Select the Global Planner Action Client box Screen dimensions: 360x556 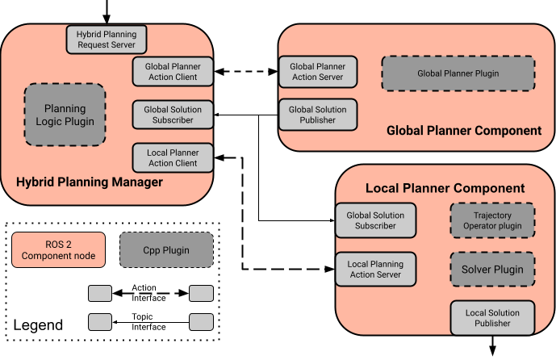tap(172, 72)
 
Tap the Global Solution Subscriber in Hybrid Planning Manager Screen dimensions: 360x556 tap(172, 115)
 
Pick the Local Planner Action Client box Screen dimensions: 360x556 tap(172, 157)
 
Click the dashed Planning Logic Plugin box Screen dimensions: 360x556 tap(65, 115)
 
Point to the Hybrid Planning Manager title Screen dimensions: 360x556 tap(90, 182)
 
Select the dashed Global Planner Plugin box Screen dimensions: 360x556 tap(458, 73)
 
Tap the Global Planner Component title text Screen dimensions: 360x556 tap(464, 130)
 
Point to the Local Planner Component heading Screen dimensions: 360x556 tap(445, 188)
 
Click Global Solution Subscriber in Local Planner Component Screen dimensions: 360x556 tap(375, 220)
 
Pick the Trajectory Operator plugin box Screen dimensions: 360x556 tap(491, 220)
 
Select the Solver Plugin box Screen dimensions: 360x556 tap(491, 269)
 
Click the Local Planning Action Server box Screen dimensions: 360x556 tap(375, 270)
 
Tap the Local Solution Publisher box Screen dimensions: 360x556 tap(492, 318)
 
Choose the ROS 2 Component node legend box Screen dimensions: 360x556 tap(58, 250)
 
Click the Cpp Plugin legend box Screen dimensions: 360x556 tap(166, 250)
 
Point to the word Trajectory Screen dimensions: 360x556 tap(492, 215)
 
